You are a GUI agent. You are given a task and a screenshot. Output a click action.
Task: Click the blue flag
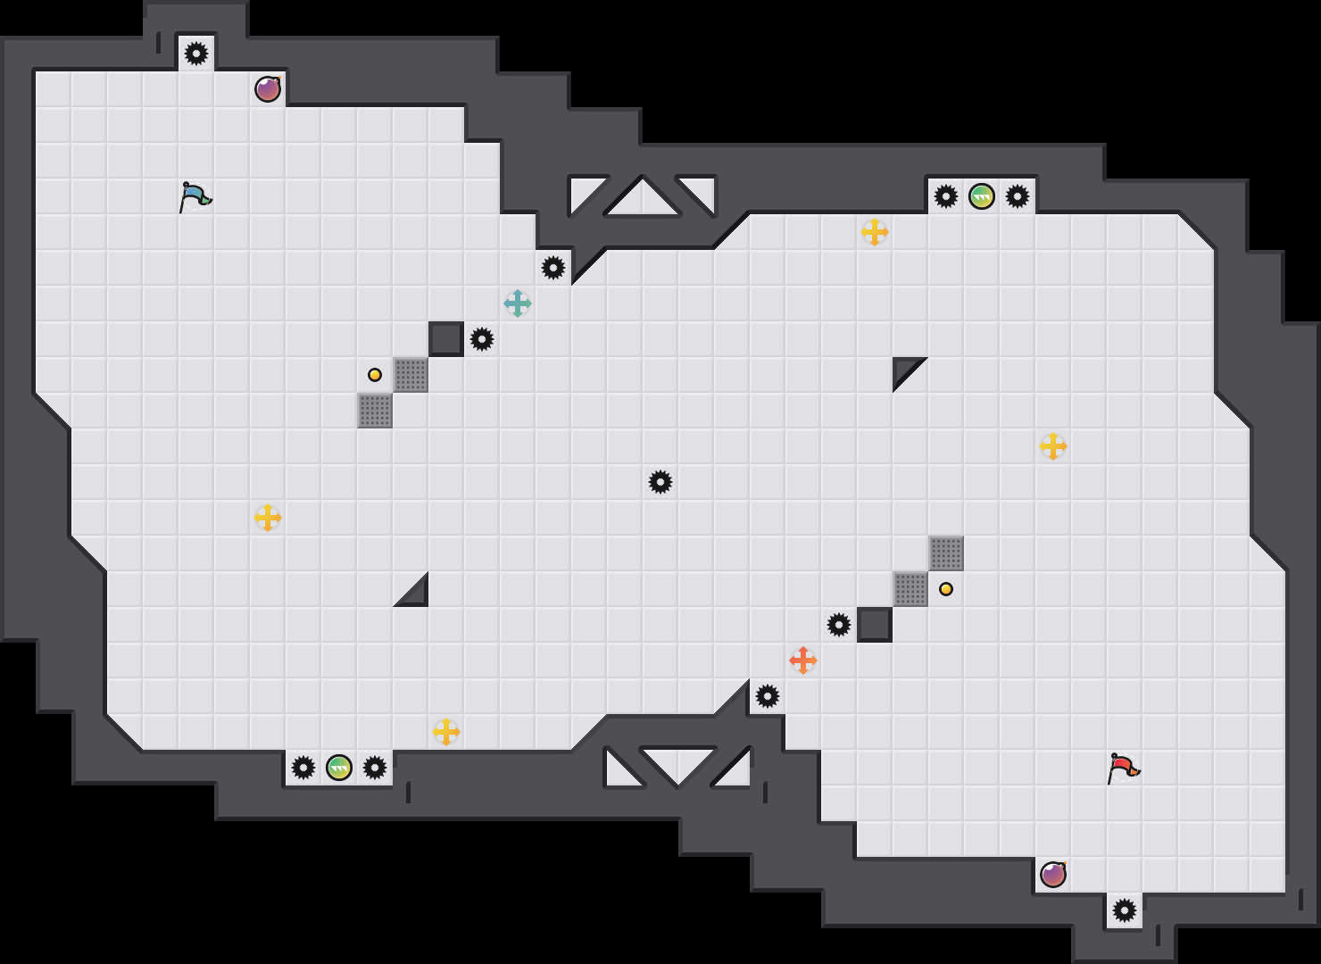pyautogui.click(x=195, y=196)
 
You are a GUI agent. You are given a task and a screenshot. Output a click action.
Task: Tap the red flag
pyautogui.click(x=1123, y=768)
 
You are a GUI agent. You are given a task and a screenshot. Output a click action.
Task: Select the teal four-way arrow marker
pyautogui.click(x=518, y=303)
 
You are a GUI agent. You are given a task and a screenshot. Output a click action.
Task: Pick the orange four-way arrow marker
pyautogui.click(x=803, y=661)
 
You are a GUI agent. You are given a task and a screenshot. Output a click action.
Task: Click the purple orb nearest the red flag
pyautogui.click(x=1053, y=875)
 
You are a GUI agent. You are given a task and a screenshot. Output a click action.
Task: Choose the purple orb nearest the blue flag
pyautogui.click(x=268, y=89)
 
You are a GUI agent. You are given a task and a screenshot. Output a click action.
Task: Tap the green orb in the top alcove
pyautogui.click(x=982, y=196)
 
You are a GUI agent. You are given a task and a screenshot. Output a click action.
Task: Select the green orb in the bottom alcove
pyautogui.click(x=339, y=768)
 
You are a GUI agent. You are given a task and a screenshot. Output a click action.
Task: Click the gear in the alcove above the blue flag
pyautogui.click(x=196, y=54)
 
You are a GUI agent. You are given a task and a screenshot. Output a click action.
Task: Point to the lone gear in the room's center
pyautogui.click(x=660, y=482)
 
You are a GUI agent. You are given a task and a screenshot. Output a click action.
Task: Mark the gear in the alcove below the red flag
pyautogui.click(x=1125, y=910)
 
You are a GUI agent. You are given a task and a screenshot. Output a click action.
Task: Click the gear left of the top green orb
pyautogui.click(x=946, y=196)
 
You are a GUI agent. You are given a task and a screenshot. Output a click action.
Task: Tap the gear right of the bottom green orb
pyautogui.click(x=375, y=768)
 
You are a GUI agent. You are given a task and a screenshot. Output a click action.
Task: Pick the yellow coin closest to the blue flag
pyautogui.click(x=375, y=375)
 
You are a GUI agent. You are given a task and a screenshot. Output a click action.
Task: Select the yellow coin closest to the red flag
pyautogui.click(x=946, y=589)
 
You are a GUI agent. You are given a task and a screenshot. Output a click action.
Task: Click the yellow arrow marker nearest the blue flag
pyautogui.click(x=268, y=518)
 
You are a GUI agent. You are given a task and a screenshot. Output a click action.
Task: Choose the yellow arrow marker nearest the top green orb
pyautogui.click(x=875, y=232)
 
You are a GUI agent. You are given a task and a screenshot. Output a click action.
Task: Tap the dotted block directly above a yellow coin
pyautogui.click(x=946, y=553)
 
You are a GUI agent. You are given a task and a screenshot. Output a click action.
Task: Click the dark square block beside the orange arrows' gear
pyautogui.click(x=875, y=625)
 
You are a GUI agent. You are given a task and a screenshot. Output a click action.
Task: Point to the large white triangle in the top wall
pyautogui.click(x=643, y=198)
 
